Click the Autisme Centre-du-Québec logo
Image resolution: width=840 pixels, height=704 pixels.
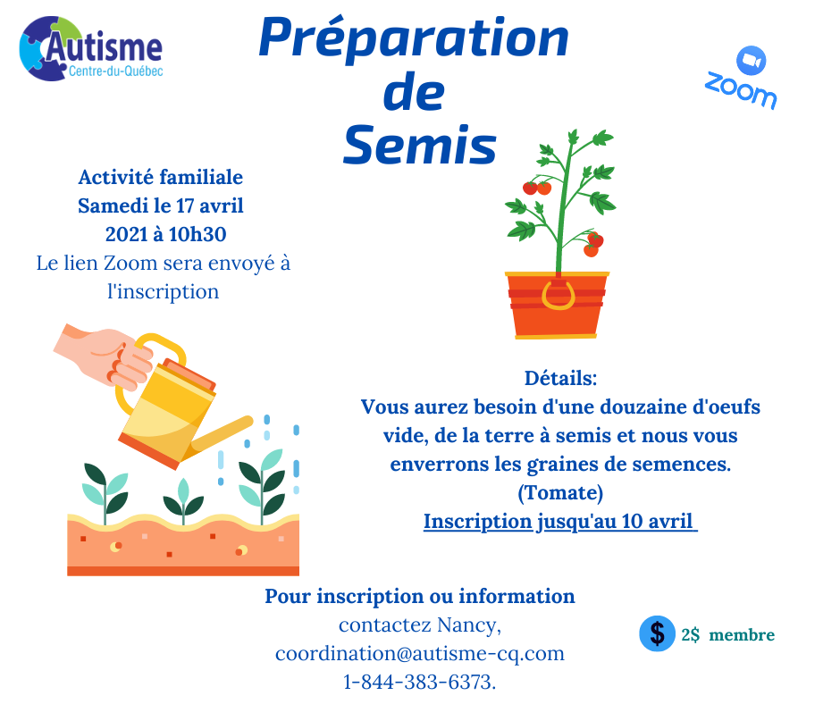(90, 49)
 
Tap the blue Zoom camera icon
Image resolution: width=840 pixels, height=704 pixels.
(751, 61)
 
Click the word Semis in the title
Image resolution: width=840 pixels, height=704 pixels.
(420, 146)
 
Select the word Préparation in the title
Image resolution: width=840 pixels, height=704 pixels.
(414, 37)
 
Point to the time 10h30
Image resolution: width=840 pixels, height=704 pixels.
(197, 234)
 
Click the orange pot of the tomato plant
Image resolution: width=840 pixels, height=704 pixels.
(557, 306)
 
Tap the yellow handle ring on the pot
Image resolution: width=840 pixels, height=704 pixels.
(559, 295)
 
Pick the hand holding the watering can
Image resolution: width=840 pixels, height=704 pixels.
(105, 356)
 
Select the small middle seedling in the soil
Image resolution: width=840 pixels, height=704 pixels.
(183, 501)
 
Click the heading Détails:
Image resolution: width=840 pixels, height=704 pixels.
(560, 378)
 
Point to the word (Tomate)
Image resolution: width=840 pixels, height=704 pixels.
(560, 492)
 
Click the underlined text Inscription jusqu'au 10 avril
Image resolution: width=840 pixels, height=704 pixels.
(560, 522)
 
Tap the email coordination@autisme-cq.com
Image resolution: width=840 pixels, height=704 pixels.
(420, 654)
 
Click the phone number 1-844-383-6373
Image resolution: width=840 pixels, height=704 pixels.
(418, 682)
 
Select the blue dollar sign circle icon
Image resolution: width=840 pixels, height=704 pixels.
(657, 633)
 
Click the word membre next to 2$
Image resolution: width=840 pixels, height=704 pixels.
(742, 635)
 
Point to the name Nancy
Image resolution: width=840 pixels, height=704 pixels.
(468, 625)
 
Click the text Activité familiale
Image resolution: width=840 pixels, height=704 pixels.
(161, 177)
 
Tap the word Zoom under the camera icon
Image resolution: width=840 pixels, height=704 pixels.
(740, 90)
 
